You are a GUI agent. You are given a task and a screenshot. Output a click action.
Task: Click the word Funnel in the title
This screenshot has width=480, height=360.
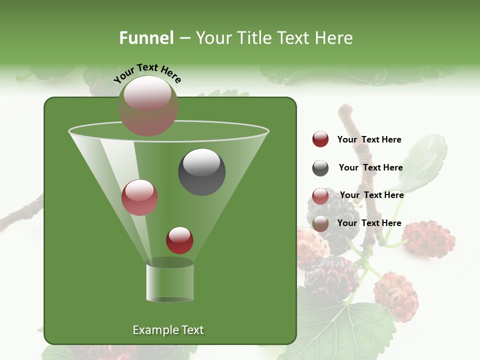[x=146, y=38]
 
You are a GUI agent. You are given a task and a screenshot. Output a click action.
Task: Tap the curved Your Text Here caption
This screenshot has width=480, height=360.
[x=147, y=73]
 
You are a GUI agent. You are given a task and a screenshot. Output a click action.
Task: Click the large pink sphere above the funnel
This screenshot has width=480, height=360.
[x=147, y=105]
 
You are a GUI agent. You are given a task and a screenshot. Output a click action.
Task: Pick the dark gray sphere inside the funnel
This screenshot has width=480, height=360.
[x=201, y=171]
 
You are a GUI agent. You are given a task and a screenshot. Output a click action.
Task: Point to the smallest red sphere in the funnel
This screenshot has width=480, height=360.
[x=179, y=240]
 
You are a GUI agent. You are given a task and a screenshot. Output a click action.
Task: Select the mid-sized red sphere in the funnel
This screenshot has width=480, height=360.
[x=139, y=197]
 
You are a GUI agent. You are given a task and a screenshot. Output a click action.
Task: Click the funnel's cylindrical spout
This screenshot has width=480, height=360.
[x=169, y=283]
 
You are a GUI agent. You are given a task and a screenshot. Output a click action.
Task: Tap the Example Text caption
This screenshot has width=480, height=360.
[x=168, y=330]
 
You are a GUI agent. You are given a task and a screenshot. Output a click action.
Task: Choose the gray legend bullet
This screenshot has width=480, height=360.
[x=320, y=168]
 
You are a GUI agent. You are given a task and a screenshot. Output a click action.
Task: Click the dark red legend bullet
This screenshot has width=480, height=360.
[x=320, y=139]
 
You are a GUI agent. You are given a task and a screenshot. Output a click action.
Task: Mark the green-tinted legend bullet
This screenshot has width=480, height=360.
[x=320, y=223]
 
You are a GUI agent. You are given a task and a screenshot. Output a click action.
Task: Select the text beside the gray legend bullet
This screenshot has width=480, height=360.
[x=370, y=168]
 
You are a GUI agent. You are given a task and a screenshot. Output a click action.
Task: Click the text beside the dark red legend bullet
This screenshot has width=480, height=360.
[x=369, y=140]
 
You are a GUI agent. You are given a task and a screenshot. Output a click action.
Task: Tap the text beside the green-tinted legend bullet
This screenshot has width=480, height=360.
[x=369, y=223]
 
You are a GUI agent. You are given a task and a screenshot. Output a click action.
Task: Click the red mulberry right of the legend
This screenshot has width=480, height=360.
[x=428, y=238]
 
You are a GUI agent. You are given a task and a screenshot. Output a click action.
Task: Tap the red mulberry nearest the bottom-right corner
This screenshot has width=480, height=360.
[x=395, y=296]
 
